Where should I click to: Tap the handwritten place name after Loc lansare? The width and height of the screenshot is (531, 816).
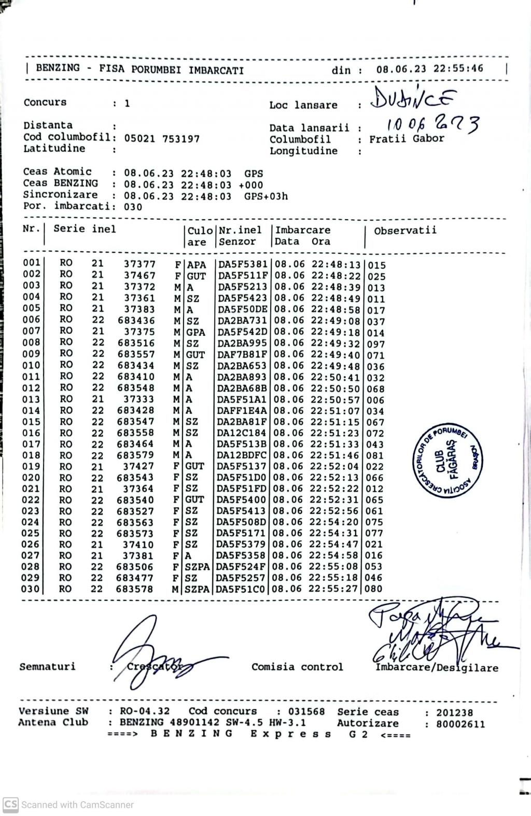click(x=414, y=98)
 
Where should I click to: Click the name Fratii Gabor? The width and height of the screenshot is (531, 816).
click(x=407, y=139)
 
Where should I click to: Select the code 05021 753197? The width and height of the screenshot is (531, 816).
click(x=162, y=139)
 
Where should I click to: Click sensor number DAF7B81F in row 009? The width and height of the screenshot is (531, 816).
click(x=242, y=355)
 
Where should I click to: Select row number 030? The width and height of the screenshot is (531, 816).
click(x=31, y=589)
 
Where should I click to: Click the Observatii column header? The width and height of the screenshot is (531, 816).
click(x=405, y=231)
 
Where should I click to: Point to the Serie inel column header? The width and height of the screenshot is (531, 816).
click(x=85, y=229)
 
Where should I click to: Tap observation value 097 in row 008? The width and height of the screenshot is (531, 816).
click(x=376, y=344)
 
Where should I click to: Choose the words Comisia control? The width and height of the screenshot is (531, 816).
click(x=297, y=667)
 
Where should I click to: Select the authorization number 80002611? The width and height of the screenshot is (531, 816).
click(x=460, y=724)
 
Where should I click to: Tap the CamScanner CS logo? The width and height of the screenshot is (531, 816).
click(x=10, y=804)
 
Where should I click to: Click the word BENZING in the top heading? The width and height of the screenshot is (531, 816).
click(x=58, y=68)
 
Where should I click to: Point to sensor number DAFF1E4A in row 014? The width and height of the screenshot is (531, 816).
click(x=242, y=411)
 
